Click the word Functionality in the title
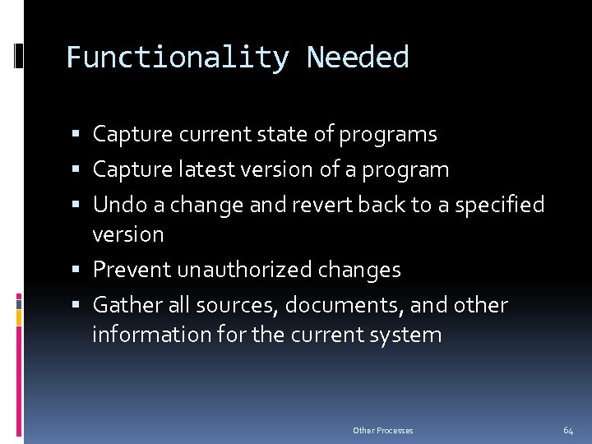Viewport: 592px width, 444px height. coord(177,58)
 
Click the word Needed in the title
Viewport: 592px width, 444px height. coord(358,58)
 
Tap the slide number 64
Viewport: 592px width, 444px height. coord(568,430)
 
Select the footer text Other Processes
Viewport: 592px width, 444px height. coord(383,430)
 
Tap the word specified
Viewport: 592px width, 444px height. coord(497,205)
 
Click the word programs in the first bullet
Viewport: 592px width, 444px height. coord(388,134)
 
